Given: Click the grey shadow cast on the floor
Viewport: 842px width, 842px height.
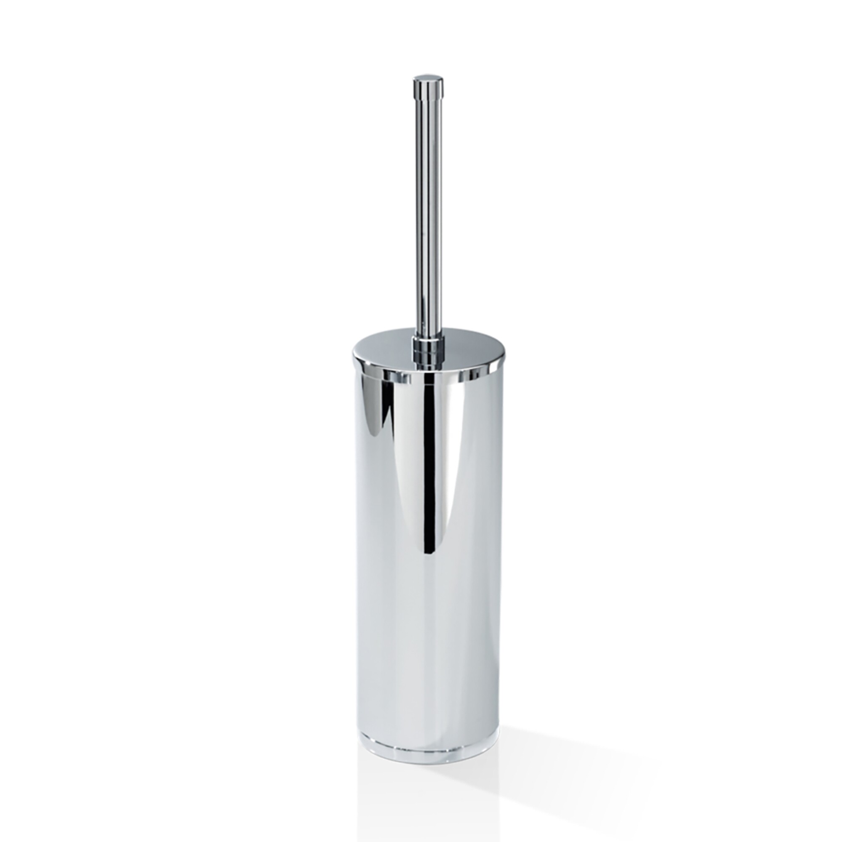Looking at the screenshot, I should pyautogui.click(x=567, y=741).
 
